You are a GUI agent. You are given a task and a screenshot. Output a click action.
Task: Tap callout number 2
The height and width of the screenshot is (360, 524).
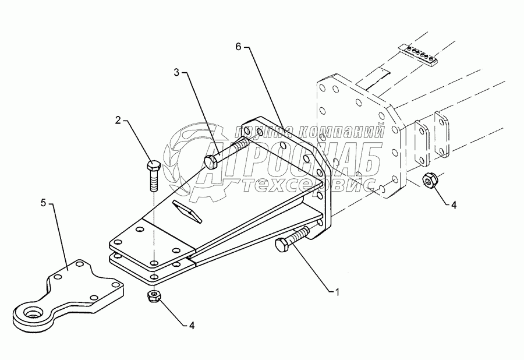coord(118,121)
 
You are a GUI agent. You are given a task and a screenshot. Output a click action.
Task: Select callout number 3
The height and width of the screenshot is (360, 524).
coord(177,73)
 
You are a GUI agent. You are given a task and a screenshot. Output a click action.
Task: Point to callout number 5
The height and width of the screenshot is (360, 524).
coord(44,204)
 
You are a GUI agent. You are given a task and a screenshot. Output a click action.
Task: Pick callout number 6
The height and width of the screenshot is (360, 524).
coord(238,45)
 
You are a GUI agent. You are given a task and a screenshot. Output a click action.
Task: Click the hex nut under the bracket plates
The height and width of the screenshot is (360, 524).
coord(154,297)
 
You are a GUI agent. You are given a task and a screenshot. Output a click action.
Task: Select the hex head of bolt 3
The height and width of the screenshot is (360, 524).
coord(211,161)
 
